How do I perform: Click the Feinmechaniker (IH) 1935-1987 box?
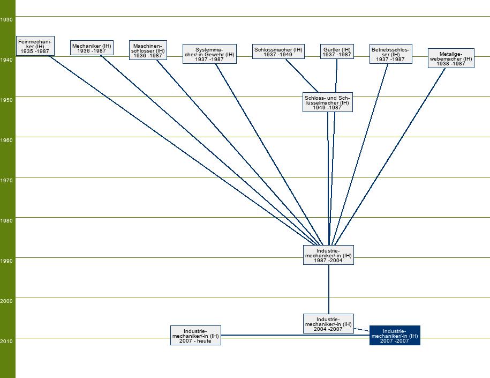(x=35, y=46)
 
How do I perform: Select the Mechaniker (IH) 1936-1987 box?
(x=92, y=48)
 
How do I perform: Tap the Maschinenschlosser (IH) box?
(x=148, y=50)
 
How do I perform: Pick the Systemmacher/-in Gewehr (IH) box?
(x=209, y=54)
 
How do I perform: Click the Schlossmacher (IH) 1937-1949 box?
(x=278, y=52)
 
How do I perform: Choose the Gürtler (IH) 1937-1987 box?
(x=337, y=52)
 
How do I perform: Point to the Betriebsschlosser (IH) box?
(x=390, y=54)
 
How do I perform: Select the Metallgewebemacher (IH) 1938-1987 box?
(x=451, y=58)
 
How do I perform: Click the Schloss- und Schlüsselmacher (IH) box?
(x=327, y=102)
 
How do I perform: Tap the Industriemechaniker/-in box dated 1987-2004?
(x=328, y=255)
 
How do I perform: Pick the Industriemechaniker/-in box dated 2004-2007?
(x=328, y=324)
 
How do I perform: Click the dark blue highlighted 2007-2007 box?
(x=395, y=336)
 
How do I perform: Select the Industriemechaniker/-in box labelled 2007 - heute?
(x=195, y=336)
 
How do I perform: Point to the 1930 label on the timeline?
(x=7, y=19)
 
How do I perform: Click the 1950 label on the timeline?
(x=7, y=100)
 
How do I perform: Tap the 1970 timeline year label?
(x=7, y=180)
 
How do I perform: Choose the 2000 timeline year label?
(x=7, y=301)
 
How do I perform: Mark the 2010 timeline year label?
(x=7, y=341)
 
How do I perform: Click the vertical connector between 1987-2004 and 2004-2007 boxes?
(x=329, y=290)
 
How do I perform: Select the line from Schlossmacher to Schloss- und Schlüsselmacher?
(x=301, y=76)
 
